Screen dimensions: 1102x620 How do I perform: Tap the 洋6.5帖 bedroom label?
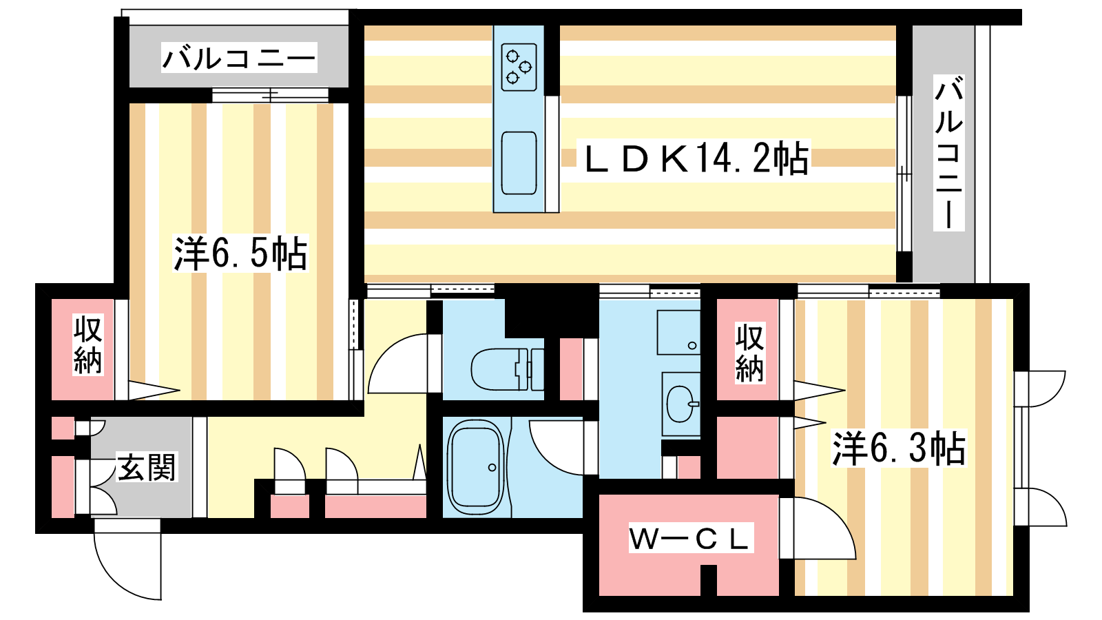tap(240, 254)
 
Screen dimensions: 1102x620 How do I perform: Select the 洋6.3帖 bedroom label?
tap(899, 448)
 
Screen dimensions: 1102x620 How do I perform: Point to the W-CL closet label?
tap(691, 538)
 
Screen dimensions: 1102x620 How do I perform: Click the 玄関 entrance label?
tap(146, 466)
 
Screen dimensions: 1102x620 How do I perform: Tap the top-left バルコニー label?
tap(238, 58)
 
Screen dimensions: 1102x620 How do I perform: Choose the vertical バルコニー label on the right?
tap(949, 153)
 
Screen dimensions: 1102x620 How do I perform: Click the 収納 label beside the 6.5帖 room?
tap(87, 345)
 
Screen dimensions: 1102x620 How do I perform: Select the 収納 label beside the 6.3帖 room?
tap(750, 352)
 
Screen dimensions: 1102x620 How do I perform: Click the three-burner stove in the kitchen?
tap(519, 67)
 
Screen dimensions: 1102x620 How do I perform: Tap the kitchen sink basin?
tap(519, 163)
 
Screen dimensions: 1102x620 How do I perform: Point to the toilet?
tap(507, 369)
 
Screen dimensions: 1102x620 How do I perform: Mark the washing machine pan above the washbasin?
tap(678, 332)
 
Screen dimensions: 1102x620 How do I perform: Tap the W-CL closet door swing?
tap(818, 528)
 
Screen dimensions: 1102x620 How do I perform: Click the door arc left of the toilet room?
tap(397, 363)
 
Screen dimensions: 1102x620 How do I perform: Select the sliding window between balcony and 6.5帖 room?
tap(270, 95)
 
